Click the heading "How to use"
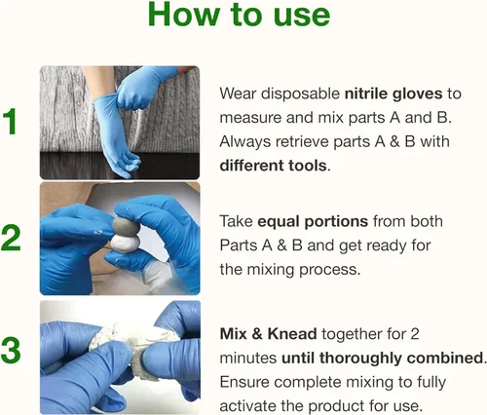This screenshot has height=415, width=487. [x=239, y=15]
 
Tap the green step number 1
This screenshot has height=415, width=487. [x=12, y=122]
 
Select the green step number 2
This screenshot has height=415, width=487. [x=11, y=239]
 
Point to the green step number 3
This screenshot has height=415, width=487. [x=11, y=351]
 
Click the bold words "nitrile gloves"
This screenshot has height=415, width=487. [x=393, y=94]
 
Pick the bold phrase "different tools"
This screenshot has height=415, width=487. [x=273, y=166]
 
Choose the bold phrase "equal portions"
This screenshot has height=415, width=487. [x=313, y=222]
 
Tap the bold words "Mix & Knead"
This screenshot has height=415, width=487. [x=268, y=334]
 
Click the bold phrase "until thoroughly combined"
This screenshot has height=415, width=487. [x=382, y=358]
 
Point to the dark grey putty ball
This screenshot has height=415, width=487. [x=126, y=226]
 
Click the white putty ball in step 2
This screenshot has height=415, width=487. [x=126, y=243]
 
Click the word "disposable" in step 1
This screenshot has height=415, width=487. [x=300, y=94]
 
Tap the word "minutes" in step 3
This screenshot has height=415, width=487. [x=248, y=358]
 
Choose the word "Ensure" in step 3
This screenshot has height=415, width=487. [x=244, y=382]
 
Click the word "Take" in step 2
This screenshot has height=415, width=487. [x=236, y=222]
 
